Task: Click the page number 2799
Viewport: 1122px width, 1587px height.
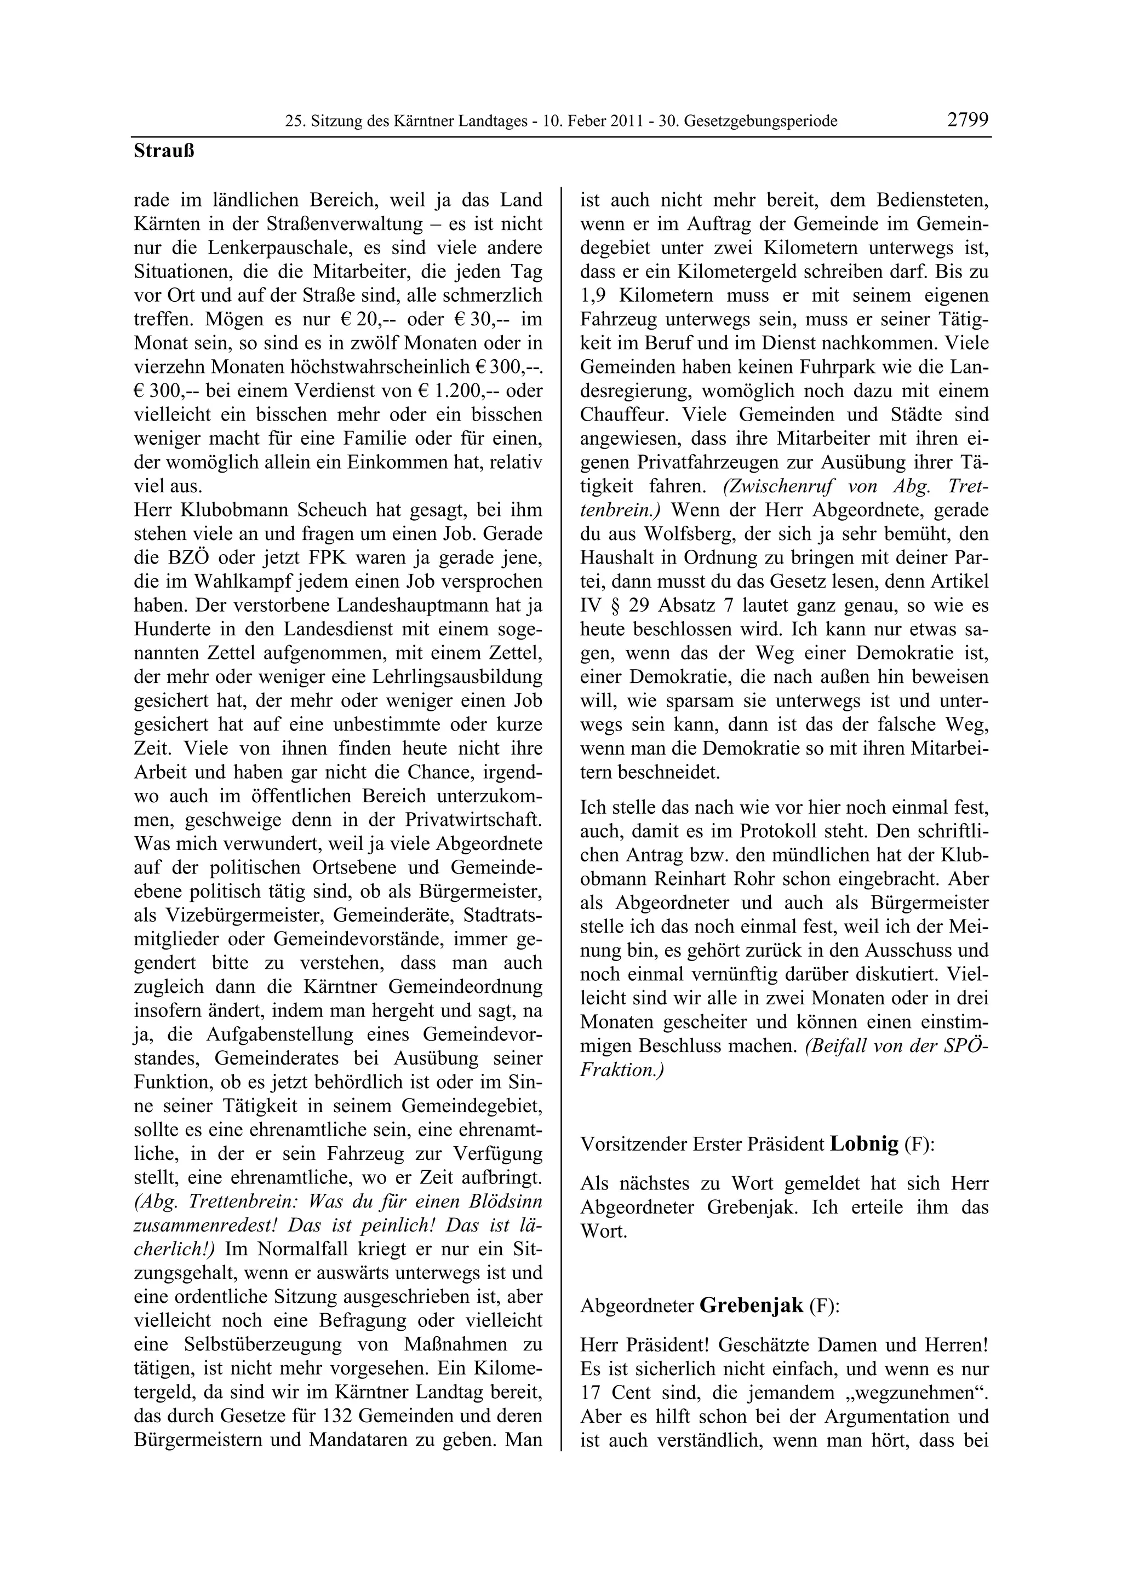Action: click(x=968, y=119)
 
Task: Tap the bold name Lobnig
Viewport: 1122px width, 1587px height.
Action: click(x=863, y=1143)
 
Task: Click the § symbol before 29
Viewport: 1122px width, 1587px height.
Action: click(x=607, y=606)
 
